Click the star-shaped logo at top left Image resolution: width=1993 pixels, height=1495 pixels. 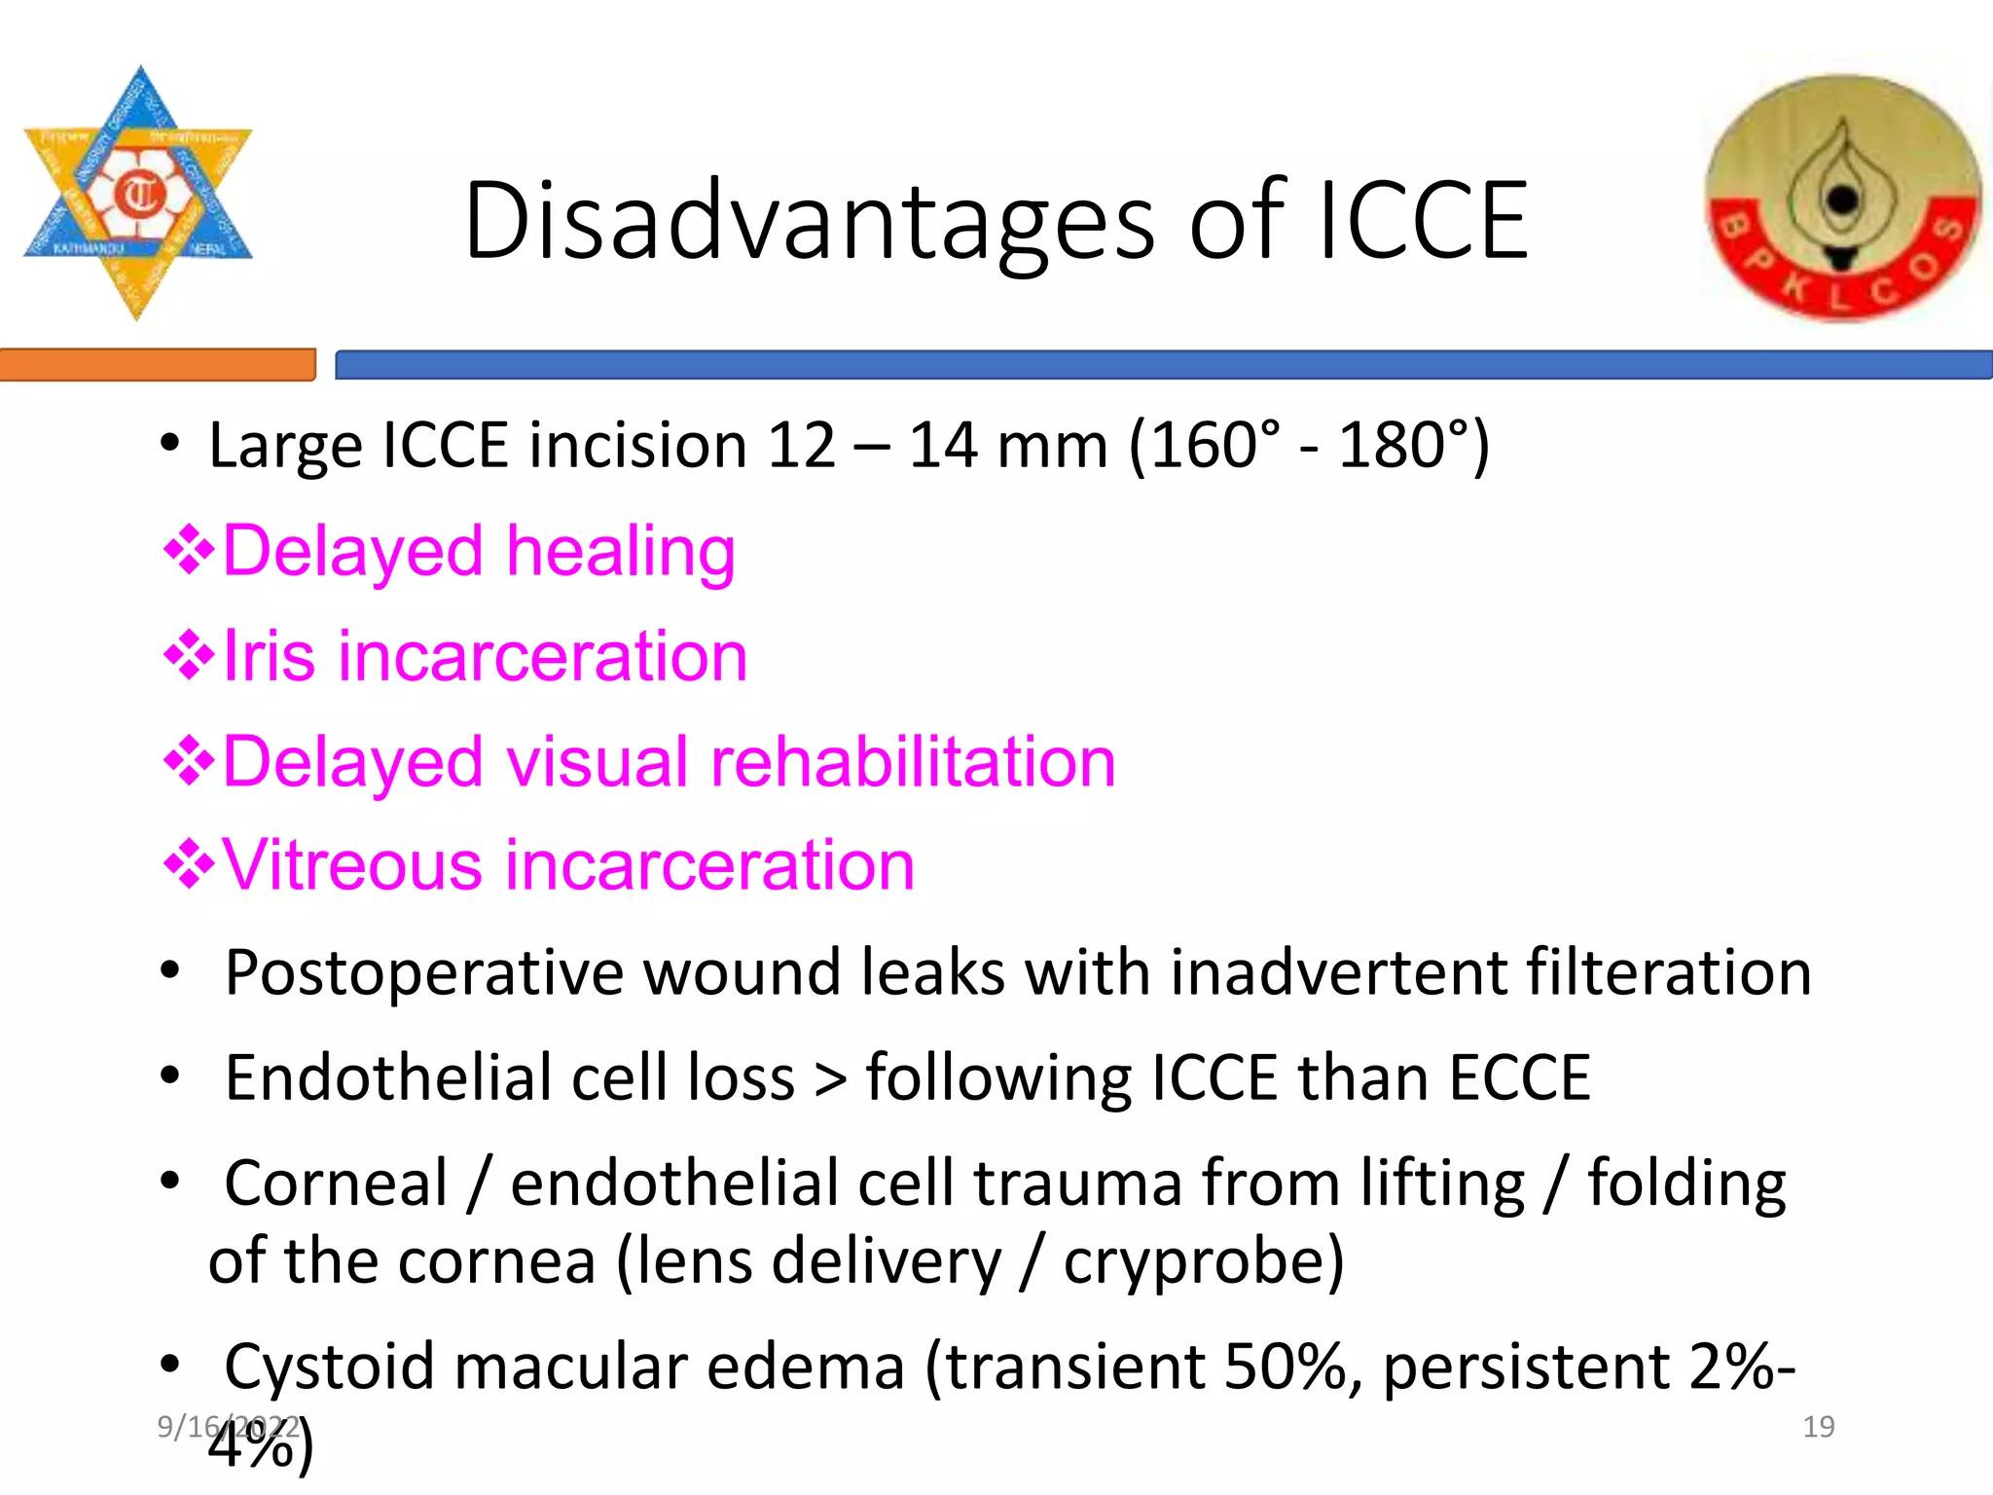tap(138, 193)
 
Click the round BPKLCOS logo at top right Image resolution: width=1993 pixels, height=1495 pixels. tap(1843, 201)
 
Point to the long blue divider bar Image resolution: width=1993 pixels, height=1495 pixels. tap(1163, 365)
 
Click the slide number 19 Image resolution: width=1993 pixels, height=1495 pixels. tap(1818, 1427)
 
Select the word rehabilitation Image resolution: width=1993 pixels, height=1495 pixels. tap(914, 761)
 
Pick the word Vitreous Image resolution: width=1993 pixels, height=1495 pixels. tap(351, 865)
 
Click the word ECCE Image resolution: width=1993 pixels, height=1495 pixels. tap(1519, 1078)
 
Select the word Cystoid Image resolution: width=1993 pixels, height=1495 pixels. tap(329, 1367)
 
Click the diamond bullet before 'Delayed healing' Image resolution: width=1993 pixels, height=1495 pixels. tap(189, 551)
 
